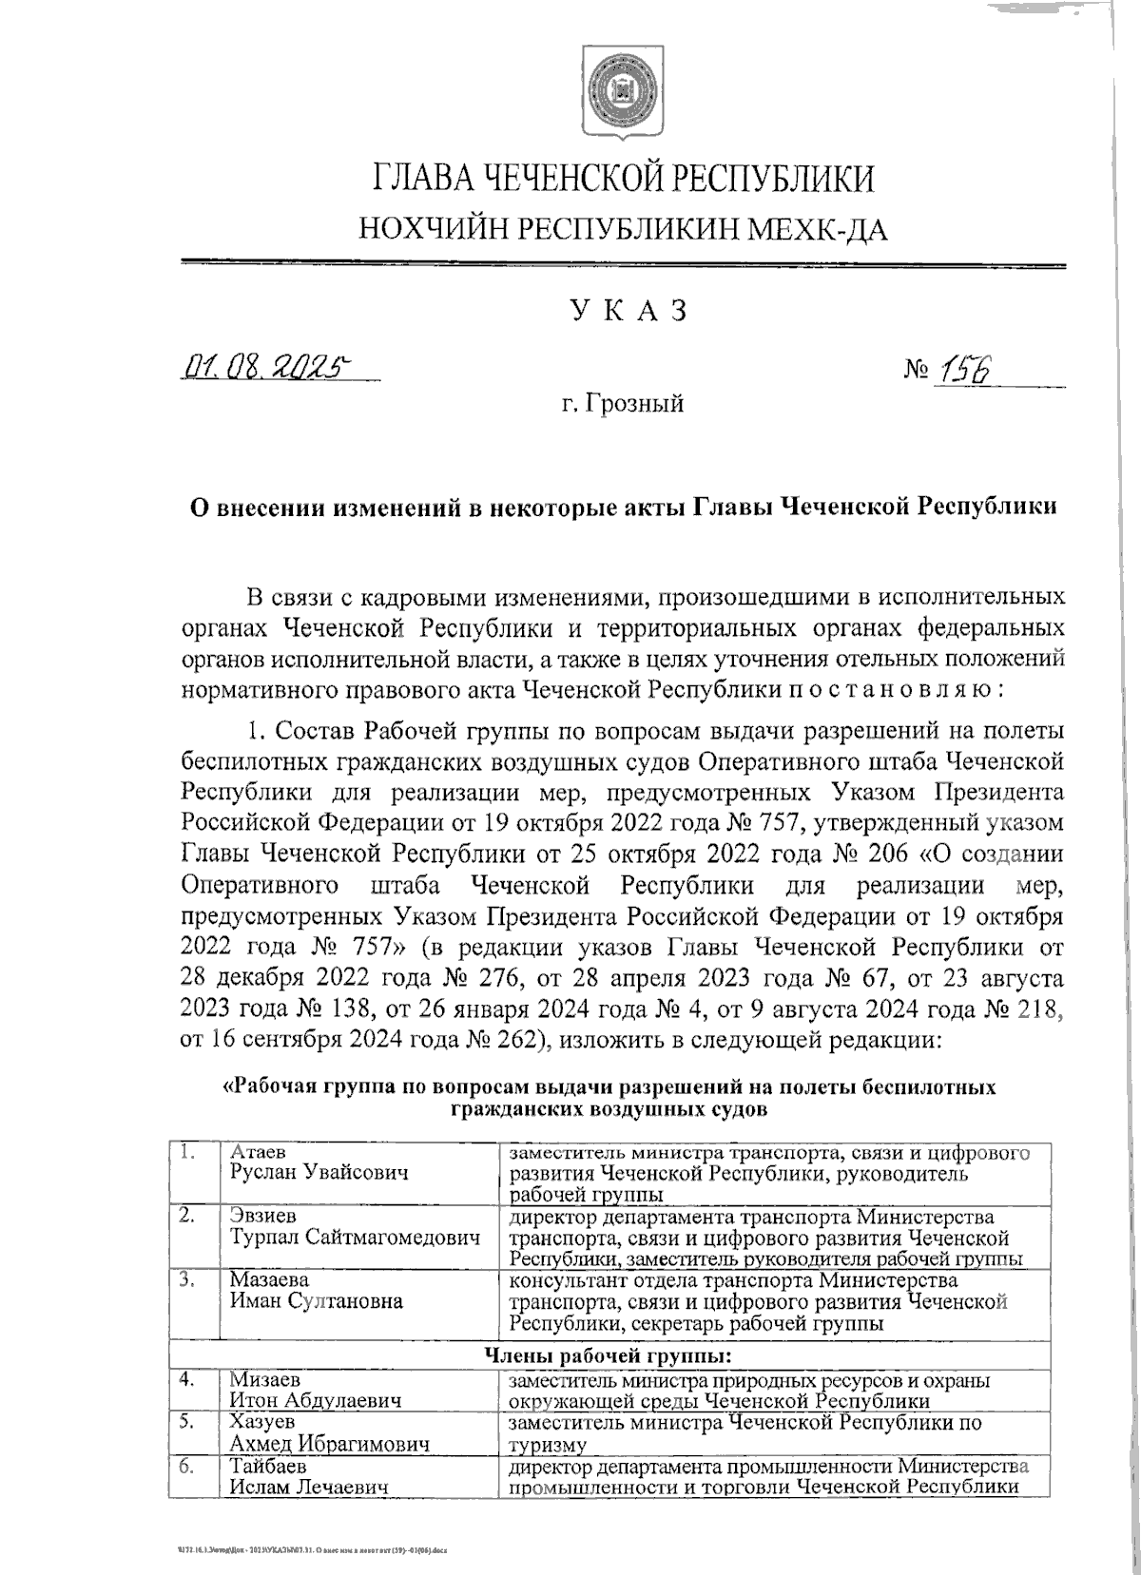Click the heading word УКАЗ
(x=628, y=310)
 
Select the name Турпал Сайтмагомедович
(x=355, y=1237)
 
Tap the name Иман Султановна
(x=316, y=1301)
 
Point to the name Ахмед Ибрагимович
(x=328, y=1443)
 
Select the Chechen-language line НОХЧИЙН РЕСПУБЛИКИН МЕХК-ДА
(x=623, y=228)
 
